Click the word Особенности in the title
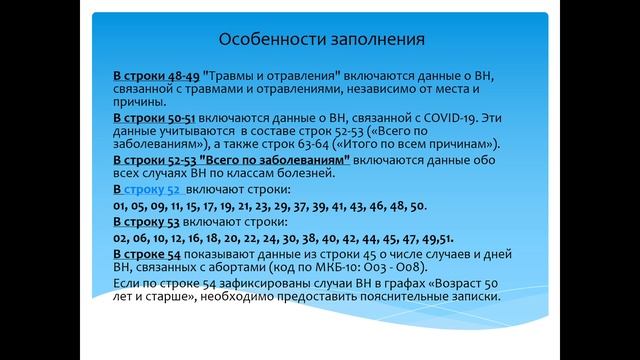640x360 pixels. (x=264, y=40)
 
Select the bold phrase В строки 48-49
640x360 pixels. (x=155, y=77)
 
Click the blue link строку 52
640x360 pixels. (x=152, y=189)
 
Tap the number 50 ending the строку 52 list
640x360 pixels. (x=418, y=205)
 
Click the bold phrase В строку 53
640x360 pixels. (x=150, y=221)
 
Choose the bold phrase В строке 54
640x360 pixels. (x=151, y=256)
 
